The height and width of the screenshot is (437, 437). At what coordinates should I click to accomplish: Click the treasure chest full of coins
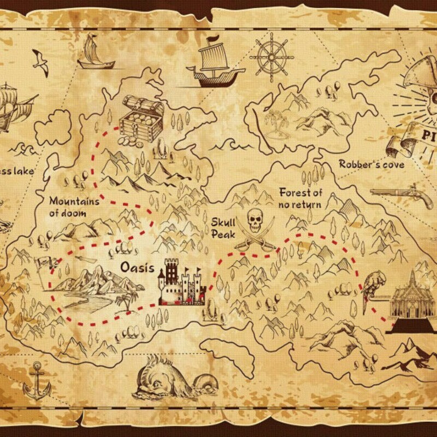[141, 119]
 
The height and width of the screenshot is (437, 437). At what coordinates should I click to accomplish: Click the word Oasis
[137, 267]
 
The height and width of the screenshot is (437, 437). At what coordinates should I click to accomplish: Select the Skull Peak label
[223, 228]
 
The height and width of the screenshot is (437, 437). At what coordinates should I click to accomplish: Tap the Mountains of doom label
[74, 207]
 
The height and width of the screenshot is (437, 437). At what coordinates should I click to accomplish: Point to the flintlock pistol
[401, 196]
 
